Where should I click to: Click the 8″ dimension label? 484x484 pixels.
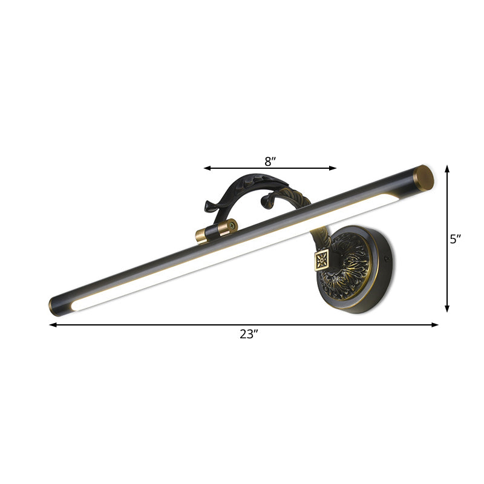click(270, 161)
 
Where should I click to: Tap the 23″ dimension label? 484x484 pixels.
click(249, 335)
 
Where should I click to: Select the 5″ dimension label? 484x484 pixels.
click(456, 239)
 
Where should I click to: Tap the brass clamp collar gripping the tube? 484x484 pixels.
click(215, 231)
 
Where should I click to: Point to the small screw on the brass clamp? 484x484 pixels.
click(230, 226)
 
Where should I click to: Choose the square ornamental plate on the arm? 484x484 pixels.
click(320, 261)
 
